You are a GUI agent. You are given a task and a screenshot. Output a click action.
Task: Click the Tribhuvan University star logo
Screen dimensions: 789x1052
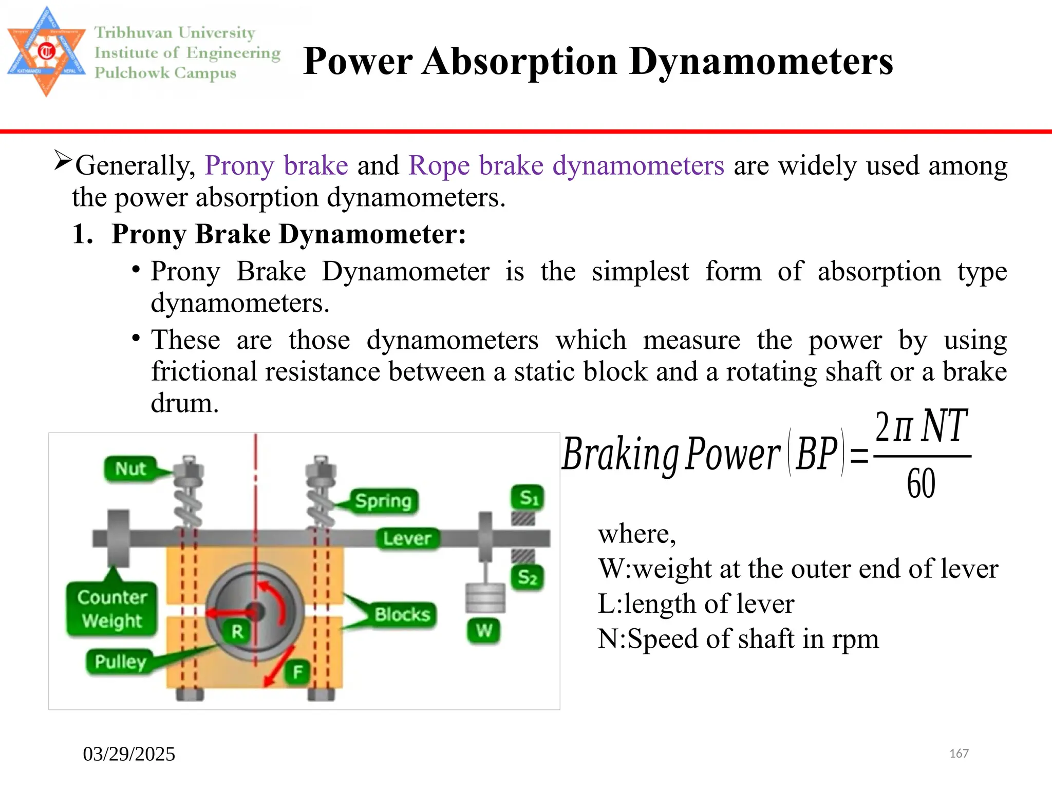click(46, 51)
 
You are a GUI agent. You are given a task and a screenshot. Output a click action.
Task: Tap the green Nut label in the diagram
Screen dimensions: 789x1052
click(130, 469)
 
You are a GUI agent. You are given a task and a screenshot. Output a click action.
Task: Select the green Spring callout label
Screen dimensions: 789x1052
click(383, 501)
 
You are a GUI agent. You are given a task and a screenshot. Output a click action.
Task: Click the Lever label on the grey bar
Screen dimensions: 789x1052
click(407, 538)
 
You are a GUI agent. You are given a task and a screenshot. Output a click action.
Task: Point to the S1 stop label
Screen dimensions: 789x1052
click(528, 497)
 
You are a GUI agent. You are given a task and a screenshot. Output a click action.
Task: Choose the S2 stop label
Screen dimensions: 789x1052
click(527, 577)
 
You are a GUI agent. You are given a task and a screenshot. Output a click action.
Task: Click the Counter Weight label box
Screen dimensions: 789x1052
click(111, 609)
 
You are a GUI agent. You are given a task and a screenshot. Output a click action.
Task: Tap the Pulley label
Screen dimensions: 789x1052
click(120, 662)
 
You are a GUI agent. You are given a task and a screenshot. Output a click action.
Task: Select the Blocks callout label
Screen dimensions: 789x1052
click(402, 615)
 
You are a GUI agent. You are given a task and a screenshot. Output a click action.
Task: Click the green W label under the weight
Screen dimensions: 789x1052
click(483, 630)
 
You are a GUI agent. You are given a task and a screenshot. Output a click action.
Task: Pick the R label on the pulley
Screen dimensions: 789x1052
click(237, 631)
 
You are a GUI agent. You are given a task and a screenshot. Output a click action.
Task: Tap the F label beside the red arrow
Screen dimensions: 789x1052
click(298, 672)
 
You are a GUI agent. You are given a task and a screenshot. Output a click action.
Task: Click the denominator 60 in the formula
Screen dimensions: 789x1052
click(920, 483)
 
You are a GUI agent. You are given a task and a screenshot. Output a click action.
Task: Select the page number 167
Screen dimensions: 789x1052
click(959, 754)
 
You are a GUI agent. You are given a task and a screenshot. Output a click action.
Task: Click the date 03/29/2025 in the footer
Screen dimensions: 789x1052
click(129, 754)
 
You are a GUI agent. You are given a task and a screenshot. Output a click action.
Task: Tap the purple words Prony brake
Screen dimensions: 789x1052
click(276, 165)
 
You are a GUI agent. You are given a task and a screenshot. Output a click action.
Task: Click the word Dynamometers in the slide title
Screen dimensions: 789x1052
click(761, 62)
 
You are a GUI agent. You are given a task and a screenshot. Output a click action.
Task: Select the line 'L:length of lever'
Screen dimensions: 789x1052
click(696, 604)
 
